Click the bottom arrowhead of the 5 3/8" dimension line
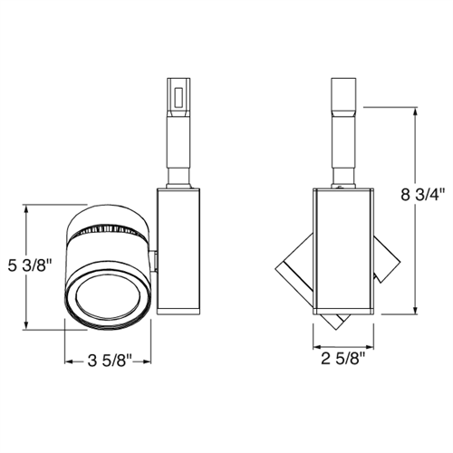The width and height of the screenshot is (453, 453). point(30,327)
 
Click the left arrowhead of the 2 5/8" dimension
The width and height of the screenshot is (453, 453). point(317,347)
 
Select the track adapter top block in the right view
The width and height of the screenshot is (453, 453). point(344,92)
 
